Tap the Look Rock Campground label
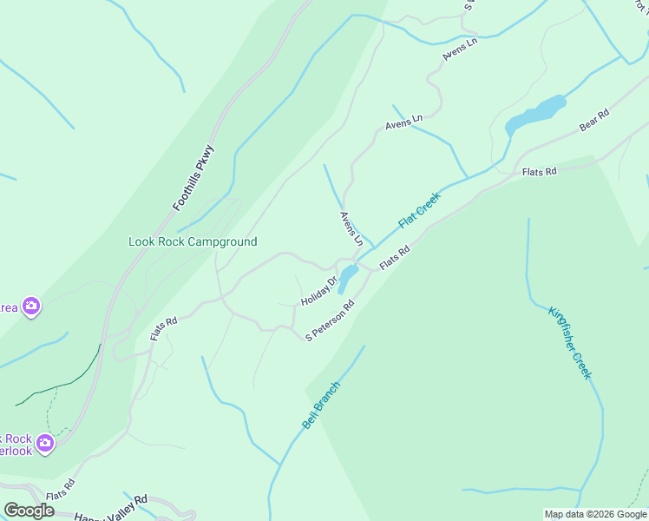(193, 241)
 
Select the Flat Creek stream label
(420, 210)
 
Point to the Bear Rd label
(594, 120)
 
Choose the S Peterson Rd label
(330, 321)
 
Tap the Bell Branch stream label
(321, 406)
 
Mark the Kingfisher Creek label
(570, 341)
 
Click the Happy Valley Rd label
(111, 507)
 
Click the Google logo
(29, 511)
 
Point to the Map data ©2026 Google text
(595, 514)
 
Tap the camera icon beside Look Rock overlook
(45, 444)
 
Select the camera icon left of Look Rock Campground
(31, 306)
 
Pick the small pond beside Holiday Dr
(347, 279)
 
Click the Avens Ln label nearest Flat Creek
(351, 228)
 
